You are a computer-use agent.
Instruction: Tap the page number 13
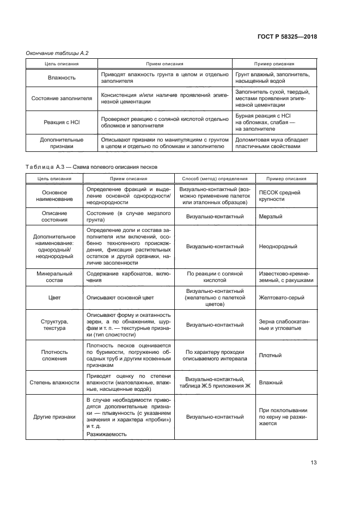click(x=313, y=463)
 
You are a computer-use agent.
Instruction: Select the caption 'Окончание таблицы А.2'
click(x=57, y=53)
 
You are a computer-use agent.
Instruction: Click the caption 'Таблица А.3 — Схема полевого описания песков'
click(x=91, y=167)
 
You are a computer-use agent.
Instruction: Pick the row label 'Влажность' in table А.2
click(x=61, y=78)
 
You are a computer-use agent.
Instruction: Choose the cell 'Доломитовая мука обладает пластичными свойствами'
click(x=271, y=143)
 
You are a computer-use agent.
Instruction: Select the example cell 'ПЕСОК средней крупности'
click(x=279, y=196)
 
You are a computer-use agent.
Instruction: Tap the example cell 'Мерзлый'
click(x=270, y=217)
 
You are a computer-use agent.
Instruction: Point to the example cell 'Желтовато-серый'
click(x=281, y=298)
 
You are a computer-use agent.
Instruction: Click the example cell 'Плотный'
click(x=270, y=355)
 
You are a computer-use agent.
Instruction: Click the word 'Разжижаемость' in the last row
click(x=106, y=434)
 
